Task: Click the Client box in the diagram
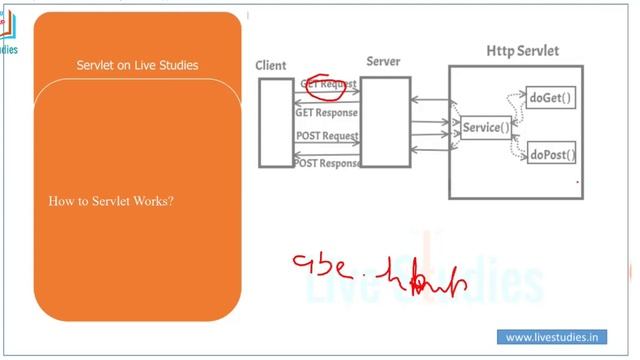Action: coord(276,121)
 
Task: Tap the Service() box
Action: coord(485,128)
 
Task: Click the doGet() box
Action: coord(551,98)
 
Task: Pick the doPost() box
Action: coord(552,154)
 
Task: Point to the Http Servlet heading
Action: coord(522,50)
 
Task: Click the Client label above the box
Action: coord(271,66)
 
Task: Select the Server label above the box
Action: coord(383,62)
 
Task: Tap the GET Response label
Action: coord(326,113)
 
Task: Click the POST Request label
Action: coord(327,136)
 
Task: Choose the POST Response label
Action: coord(327,163)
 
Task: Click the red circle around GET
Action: coord(322,86)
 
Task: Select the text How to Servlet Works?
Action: coord(111,201)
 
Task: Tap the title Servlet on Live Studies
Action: coord(137,66)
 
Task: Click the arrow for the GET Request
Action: coord(327,96)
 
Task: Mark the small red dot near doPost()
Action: coord(577,183)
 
